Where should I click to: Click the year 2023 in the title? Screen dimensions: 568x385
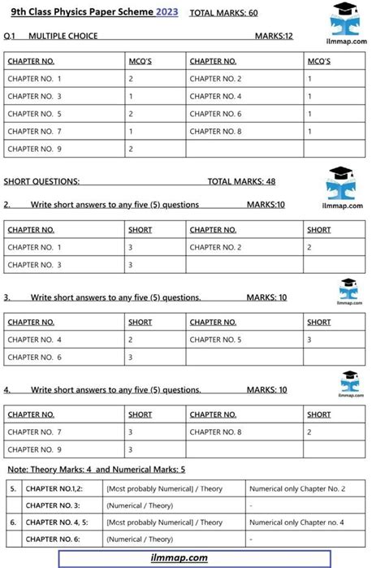point(167,12)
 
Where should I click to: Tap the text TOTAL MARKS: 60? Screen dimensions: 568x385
point(223,13)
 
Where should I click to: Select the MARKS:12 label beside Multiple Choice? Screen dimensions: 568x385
point(274,37)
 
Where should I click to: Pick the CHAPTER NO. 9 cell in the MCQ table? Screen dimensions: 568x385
point(35,149)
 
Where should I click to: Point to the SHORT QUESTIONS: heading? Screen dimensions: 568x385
point(41,181)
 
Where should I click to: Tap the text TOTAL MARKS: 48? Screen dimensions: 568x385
point(241,181)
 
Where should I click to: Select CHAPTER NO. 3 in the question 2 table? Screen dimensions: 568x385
point(35,265)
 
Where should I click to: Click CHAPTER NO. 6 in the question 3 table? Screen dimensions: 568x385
point(35,357)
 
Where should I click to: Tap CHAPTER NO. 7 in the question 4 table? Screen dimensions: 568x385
point(35,431)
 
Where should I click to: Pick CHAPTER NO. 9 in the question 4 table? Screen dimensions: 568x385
point(35,449)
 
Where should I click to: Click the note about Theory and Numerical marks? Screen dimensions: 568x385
point(97,469)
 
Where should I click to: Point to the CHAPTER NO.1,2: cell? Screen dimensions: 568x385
point(55,489)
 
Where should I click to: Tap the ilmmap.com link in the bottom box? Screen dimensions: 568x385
point(180,557)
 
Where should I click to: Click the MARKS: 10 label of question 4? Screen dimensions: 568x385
point(266,390)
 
